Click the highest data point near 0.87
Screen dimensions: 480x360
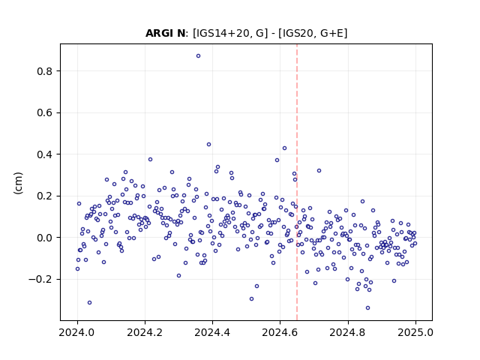coord(198,56)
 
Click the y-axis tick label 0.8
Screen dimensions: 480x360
coord(45,71)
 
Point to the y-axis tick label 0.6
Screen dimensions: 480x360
coord(45,113)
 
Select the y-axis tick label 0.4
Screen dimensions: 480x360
coord(45,154)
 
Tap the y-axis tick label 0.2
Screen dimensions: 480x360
coord(45,196)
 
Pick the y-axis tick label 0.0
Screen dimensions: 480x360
coord(45,238)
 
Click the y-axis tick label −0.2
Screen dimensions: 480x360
coord(40,280)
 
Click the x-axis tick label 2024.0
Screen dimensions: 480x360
coord(77,332)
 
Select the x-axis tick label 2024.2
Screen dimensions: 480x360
coord(145,332)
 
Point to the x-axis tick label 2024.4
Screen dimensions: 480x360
coord(212,332)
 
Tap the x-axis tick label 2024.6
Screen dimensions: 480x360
coord(280,332)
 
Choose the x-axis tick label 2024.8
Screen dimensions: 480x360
coord(348,332)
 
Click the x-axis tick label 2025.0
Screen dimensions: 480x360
coord(415,332)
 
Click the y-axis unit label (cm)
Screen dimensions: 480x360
coord(18,183)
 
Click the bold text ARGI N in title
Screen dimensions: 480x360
coord(165,33)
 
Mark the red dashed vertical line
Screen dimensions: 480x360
coord(297,182)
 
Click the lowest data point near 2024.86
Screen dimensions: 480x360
coord(368,308)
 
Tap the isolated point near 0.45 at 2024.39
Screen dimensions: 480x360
coord(208,145)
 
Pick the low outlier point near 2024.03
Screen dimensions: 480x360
coord(89,303)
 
